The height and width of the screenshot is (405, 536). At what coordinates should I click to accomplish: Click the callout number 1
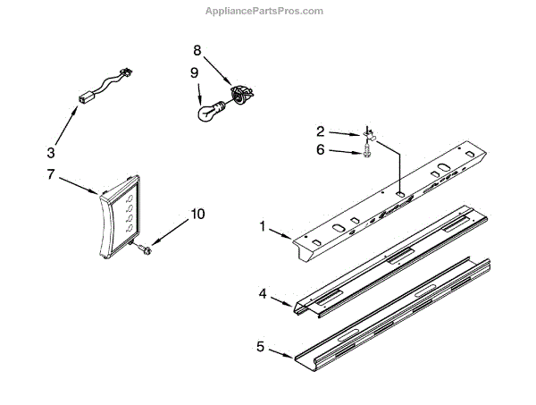point(263,227)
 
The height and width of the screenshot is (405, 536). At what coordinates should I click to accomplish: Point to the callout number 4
point(263,291)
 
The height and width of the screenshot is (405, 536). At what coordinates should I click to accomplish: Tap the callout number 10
point(197,215)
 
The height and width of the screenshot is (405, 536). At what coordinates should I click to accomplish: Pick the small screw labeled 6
point(368,154)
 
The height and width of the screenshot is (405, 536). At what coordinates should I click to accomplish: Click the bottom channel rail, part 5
point(393,313)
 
